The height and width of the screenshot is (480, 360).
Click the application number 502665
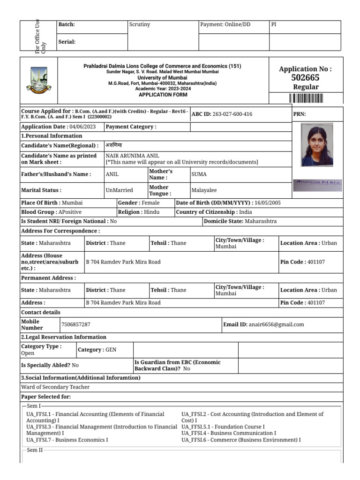pyautogui.click(x=305, y=78)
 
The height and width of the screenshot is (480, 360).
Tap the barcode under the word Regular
pyautogui.click(x=306, y=98)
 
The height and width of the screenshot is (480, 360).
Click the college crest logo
pyautogui.click(x=38, y=81)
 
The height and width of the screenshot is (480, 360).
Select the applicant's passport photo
pyautogui.click(x=317, y=145)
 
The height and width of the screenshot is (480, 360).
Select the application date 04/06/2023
pyautogui.click(x=82, y=127)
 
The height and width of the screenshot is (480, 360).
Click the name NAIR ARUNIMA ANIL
pyautogui.click(x=132, y=156)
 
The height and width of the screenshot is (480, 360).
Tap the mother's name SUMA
pyautogui.click(x=199, y=174)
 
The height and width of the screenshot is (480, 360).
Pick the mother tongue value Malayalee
pyautogui.click(x=204, y=190)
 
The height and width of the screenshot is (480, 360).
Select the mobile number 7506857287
pyautogui.click(x=75, y=324)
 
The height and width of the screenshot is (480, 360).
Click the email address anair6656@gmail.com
pyautogui.click(x=276, y=324)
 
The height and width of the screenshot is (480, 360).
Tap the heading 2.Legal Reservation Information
pyautogui.click(x=64, y=337)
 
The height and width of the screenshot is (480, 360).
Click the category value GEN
pyautogui.click(x=111, y=350)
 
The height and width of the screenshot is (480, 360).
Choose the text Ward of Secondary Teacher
pyautogui.click(x=55, y=387)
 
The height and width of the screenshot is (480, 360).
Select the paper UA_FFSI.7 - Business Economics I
pyautogui.click(x=67, y=440)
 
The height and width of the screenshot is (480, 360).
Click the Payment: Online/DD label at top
pyautogui.click(x=225, y=25)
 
